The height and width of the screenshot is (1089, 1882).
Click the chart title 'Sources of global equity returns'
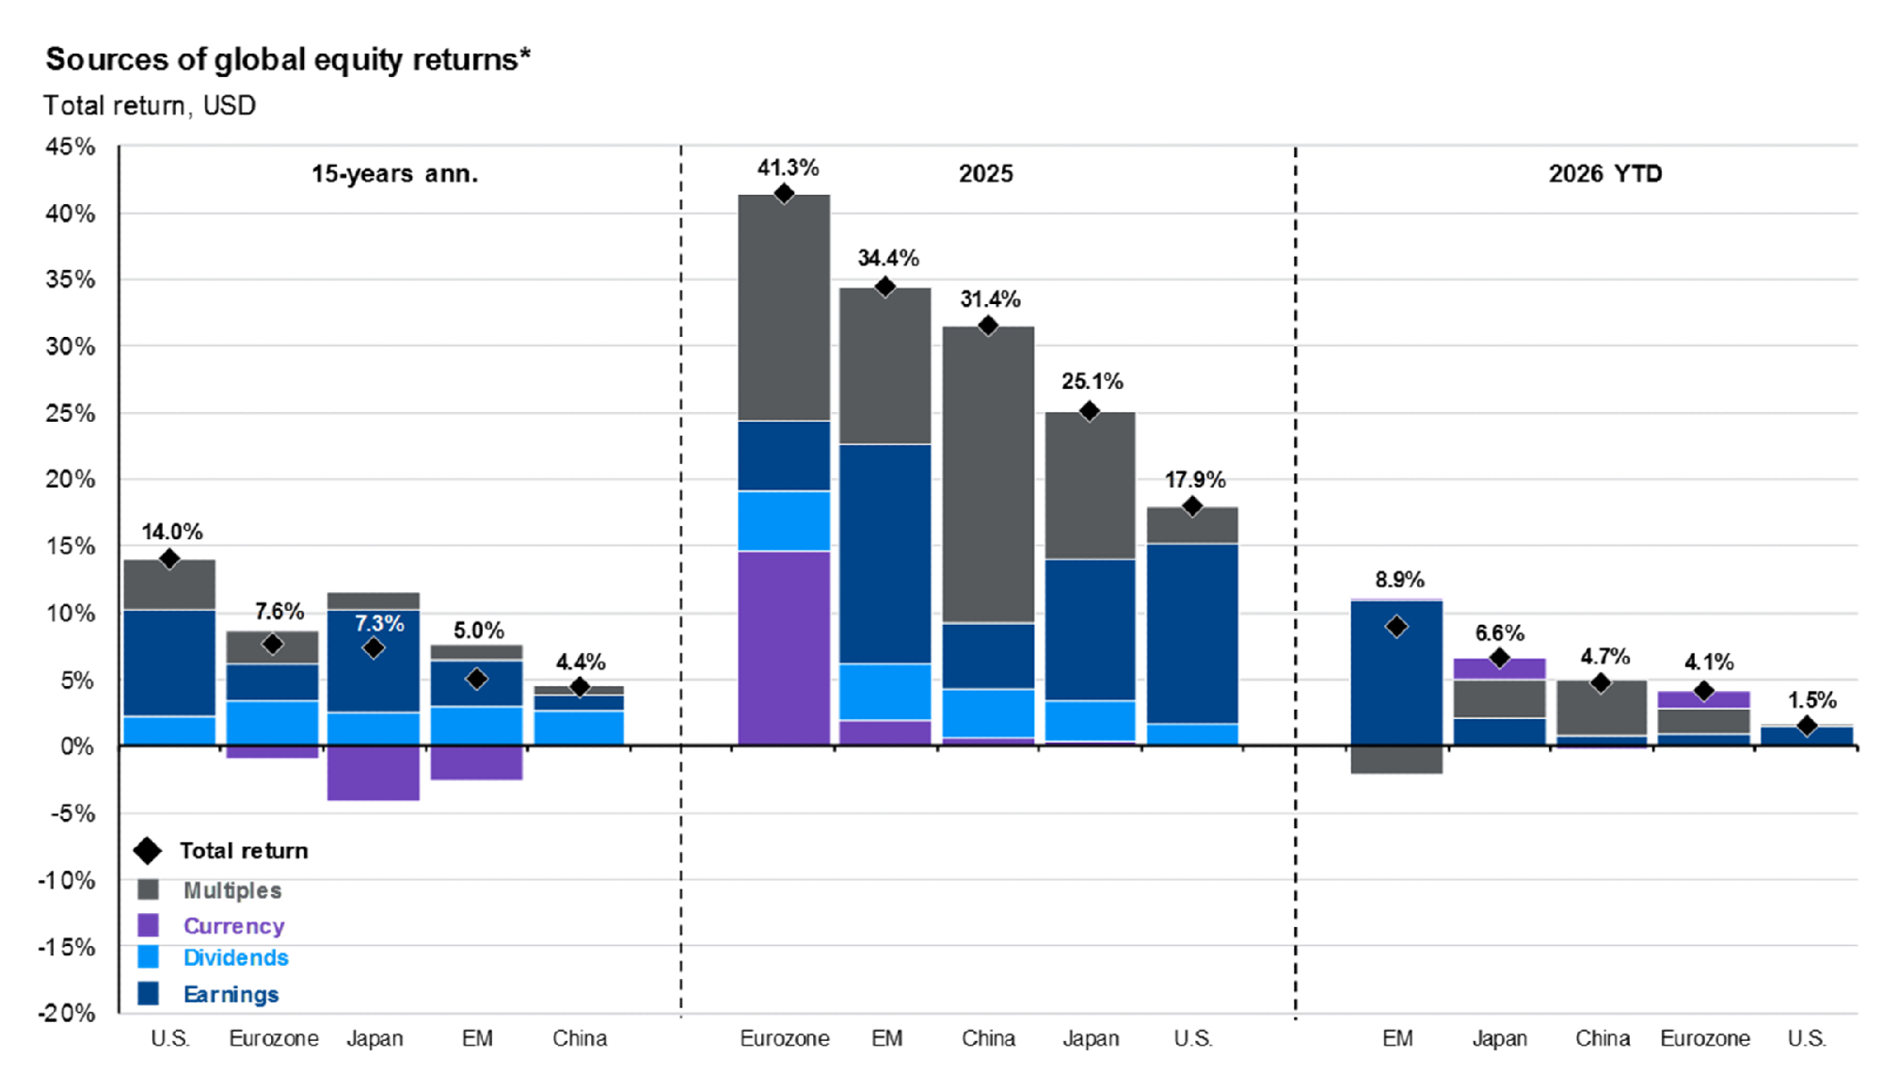point(288,59)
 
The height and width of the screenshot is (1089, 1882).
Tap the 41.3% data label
point(788,168)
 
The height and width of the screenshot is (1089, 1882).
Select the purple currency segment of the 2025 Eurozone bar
point(784,648)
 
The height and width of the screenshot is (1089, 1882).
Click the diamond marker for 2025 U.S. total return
point(1192,507)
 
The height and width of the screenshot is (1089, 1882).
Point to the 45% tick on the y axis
point(71,147)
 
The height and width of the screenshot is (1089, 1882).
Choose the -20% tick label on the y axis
point(67,1014)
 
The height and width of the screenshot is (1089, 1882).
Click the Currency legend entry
point(233,926)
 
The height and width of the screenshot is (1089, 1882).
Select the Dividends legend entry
point(235,958)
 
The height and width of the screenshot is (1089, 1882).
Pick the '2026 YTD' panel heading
point(1605,174)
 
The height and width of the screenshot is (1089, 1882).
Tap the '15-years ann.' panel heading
point(394,174)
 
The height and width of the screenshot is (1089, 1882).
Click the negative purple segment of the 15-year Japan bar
point(374,773)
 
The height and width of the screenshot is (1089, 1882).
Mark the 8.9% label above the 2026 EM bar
point(1399,580)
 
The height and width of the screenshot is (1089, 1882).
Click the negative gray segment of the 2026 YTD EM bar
point(1396,760)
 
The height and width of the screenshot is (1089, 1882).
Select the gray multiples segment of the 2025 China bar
point(988,474)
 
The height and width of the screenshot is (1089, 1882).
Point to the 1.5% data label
point(1811,700)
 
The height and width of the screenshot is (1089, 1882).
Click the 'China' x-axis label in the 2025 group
point(988,1038)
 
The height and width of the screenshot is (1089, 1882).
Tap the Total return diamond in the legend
point(148,851)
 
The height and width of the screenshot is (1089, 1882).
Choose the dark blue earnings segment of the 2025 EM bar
point(885,553)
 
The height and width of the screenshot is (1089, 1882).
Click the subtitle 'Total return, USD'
point(150,105)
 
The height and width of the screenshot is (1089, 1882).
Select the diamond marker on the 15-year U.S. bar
point(169,560)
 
